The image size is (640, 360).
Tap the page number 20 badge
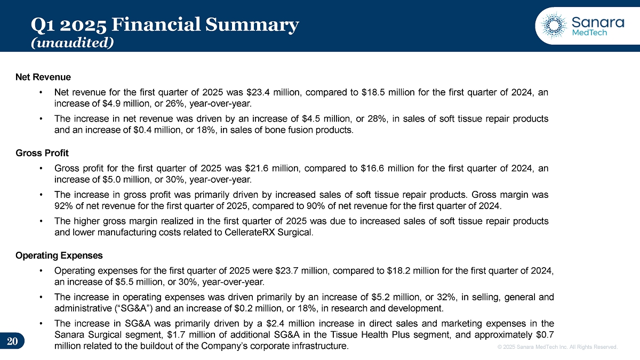coord(13,341)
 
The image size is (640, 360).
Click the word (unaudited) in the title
coord(72,42)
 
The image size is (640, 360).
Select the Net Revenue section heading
coord(43,77)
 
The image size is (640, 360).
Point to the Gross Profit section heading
coord(42,153)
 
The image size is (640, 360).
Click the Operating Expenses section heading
coord(59,255)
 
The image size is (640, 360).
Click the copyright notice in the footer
coord(557,347)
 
